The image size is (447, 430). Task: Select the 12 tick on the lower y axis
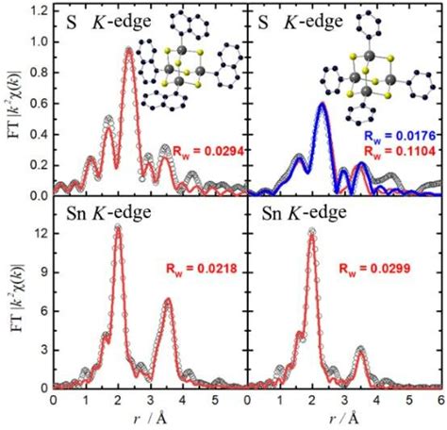[x=39, y=227]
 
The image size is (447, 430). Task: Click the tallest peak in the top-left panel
[x=128, y=49]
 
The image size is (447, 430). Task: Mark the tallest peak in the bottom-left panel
[x=118, y=226]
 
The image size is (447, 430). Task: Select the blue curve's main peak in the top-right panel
[x=322, y=104]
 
